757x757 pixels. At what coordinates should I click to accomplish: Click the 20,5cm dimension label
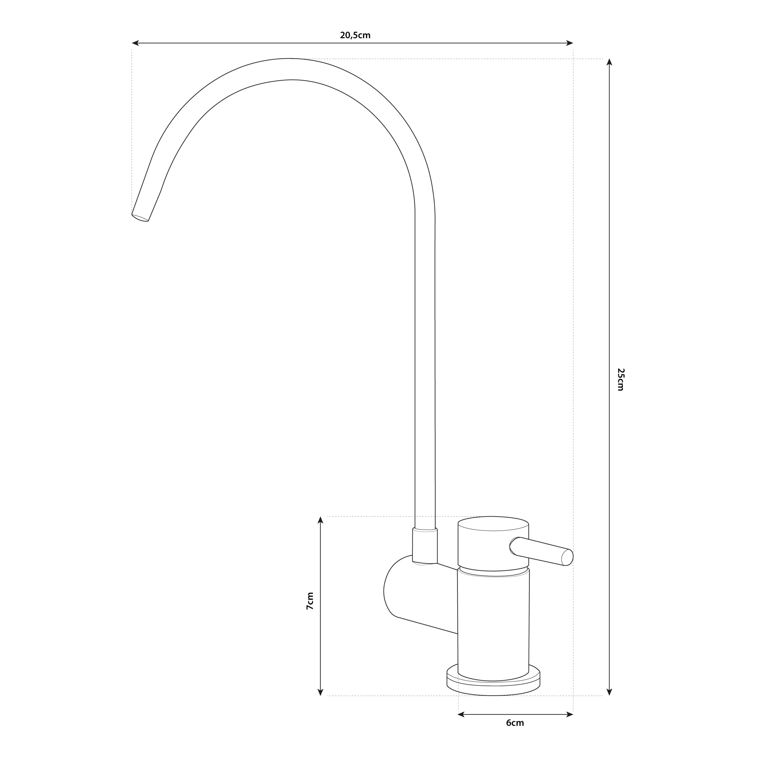coord(355,35)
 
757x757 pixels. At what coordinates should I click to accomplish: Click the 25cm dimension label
coord(621,379)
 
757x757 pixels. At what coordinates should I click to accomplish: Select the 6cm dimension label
coord(515,723)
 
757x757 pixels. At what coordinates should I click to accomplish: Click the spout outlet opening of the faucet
coord(140,218)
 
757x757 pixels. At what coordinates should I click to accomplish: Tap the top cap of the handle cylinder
coord(493,523)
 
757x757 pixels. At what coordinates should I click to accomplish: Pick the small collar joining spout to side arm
coord(425,546)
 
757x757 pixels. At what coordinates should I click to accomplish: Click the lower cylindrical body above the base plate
coord(493,627)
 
